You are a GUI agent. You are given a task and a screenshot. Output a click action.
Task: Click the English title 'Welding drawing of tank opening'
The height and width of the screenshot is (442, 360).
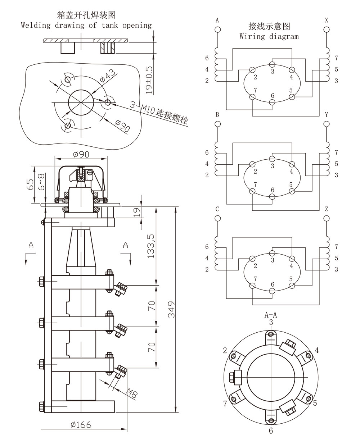click(86, 25)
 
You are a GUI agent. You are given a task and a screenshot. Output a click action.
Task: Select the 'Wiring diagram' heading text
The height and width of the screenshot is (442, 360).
click(269, 36)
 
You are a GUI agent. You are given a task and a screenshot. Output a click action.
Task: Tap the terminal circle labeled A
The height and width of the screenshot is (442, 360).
click(217, 29)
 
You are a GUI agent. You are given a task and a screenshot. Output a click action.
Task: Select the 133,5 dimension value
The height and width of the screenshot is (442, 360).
click(151, 246)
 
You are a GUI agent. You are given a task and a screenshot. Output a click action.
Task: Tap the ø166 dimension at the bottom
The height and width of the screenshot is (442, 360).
click(81, 425)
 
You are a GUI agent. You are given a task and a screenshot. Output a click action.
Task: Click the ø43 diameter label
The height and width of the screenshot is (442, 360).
click(108, 76)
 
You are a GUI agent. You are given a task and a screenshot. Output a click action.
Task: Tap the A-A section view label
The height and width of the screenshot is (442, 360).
click(271, 315)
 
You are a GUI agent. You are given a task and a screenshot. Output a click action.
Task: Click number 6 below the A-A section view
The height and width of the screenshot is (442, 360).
click(271, 430)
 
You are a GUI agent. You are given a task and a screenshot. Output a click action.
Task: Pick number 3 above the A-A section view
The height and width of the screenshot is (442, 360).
click(271, 322)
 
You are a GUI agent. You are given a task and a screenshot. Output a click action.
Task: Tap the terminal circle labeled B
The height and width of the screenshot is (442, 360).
click(217, 124)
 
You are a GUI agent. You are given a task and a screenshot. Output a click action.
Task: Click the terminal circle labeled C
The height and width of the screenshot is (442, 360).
click(217, 218)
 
